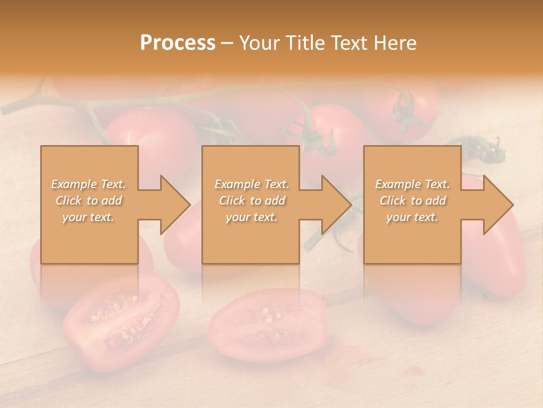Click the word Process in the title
coord(178,43)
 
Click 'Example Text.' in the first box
coord(88,184)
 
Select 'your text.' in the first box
coord(88,217)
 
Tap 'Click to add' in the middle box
coord(252,201)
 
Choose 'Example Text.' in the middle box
coord(252,184)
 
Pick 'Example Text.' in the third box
coord(412,184)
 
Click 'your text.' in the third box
coord(412,217)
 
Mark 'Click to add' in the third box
coord(412,201)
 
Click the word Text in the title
coord(349,43)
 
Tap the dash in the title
coord(227,44)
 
